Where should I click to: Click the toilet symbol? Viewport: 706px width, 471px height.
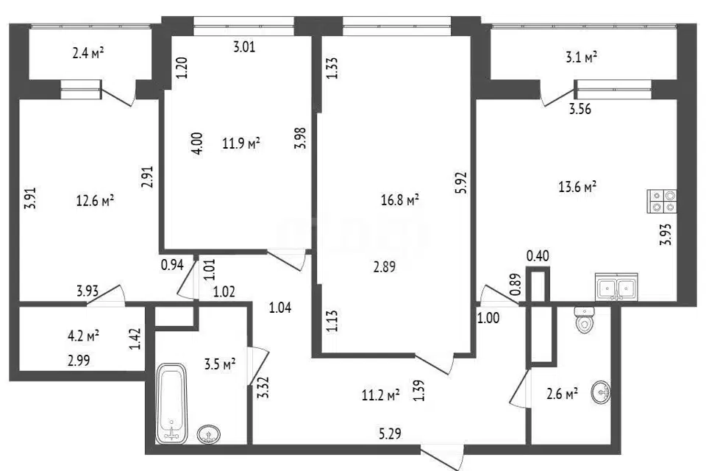[x=585, y=320]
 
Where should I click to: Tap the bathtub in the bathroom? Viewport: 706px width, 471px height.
[x=171, y=403]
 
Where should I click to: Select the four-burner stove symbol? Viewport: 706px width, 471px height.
[x=662, y=201]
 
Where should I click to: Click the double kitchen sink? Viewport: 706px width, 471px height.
[x=616, y=287]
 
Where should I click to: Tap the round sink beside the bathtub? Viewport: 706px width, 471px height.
[x=209, y=434]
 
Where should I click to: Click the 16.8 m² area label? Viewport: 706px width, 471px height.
[x=400, y=199]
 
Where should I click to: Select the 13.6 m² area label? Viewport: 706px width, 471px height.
[x=578, y=187]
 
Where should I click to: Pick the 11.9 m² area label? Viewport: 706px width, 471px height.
[x=241, y=144]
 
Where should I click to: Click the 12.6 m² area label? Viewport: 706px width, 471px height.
[x=95, y=200]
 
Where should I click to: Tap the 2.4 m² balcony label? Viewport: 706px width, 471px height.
[x=88, y=54]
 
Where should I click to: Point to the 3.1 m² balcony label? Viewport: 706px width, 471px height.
[x=581, y=57]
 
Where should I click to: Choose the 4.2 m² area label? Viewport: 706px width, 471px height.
[x=82, y=336]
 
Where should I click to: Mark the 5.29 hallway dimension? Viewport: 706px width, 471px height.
[x=390, y=434]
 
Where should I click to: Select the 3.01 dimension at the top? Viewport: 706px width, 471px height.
[x=244, y=46]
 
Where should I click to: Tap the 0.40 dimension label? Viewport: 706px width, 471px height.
[x=538, y=256]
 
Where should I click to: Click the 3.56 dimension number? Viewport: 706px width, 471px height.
[x=580, y=109]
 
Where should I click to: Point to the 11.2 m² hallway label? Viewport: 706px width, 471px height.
[x=381, y=396]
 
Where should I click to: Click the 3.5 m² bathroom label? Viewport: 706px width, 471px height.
[x=220, y=364]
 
